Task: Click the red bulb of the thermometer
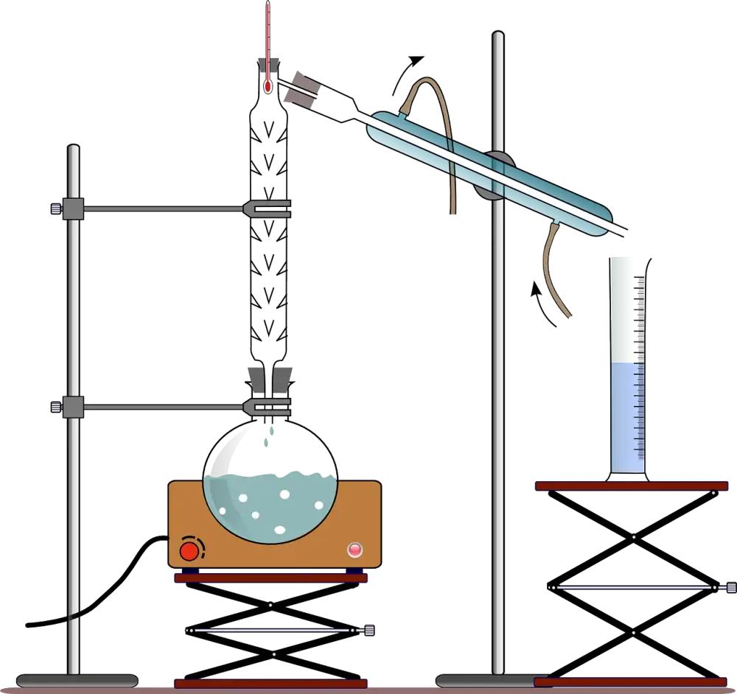point(268,87)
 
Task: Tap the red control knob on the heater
point(190,550)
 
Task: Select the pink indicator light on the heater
point(355,549)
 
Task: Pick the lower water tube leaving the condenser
point(553,273)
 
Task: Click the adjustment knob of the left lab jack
point(368,631)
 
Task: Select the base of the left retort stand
point(77,680)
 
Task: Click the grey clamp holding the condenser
point(495,174)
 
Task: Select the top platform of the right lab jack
point(631,485)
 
